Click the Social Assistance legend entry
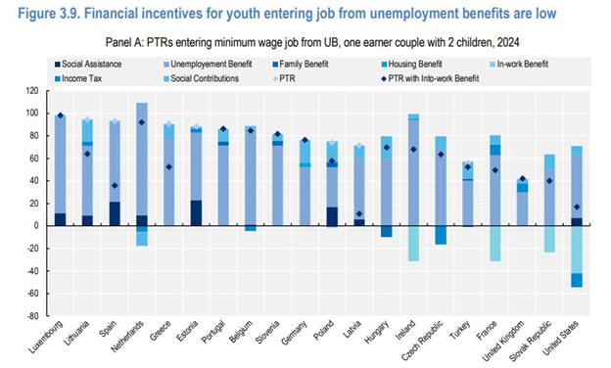click(x=88, y=65)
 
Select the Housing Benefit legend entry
click(x=412, y=65)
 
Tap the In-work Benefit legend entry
click(x=519, y=65)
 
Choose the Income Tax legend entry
click(x=78, y=78)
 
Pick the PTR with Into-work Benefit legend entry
click(x=430, y=78)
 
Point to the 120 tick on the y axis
click(x=32, y=91)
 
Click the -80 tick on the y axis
click(x=32, y=316)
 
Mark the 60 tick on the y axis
click(x=34, y=159)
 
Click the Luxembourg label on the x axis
click(x=46, y=337)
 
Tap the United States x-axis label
click(x=561, y=338)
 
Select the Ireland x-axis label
click(x=406, y=330)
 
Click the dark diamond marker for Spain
click(x=115, y=185)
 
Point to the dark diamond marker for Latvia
click(x=359, y=213)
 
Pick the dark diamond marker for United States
click(x=577, y=207)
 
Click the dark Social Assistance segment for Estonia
click(x=197, y=213)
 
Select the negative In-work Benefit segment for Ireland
click(x=413, y=244)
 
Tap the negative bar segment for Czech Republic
click(x=441, y=235)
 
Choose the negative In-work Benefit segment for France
click(x=495, y=244)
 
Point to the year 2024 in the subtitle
click(x=508, y=42)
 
